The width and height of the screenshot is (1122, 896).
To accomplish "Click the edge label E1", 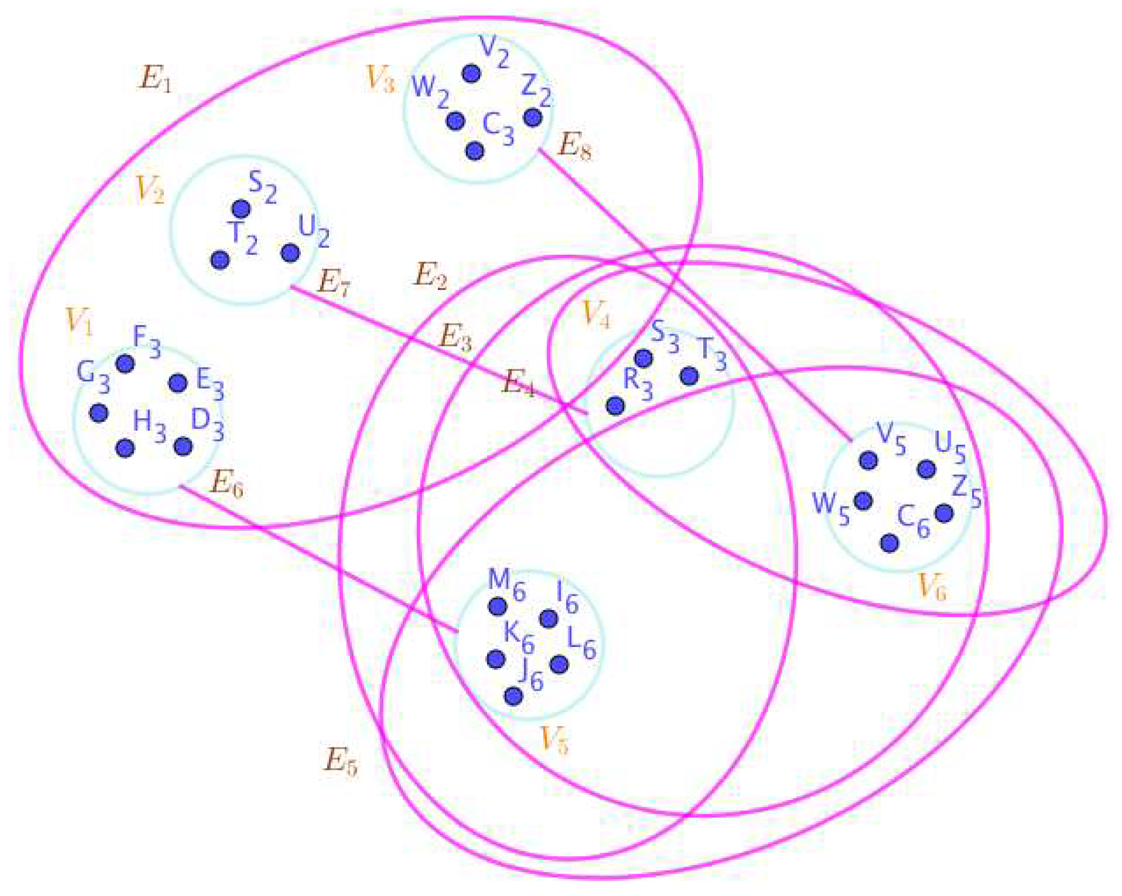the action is [154, 79].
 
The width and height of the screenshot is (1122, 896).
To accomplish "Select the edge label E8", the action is [574, 146].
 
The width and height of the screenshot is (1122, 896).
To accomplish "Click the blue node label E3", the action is [210, 384].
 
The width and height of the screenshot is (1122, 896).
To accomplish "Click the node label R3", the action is [637, 384].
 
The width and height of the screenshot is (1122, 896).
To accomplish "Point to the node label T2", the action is [242, 238].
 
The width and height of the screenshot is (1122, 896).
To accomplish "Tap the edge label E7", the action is [334, 283].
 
